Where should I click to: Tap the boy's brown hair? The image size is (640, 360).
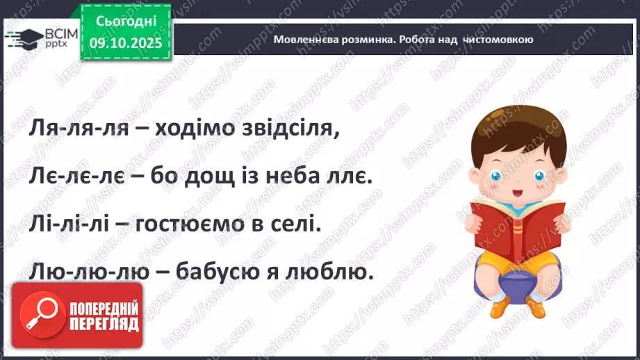[x=511, y=129]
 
